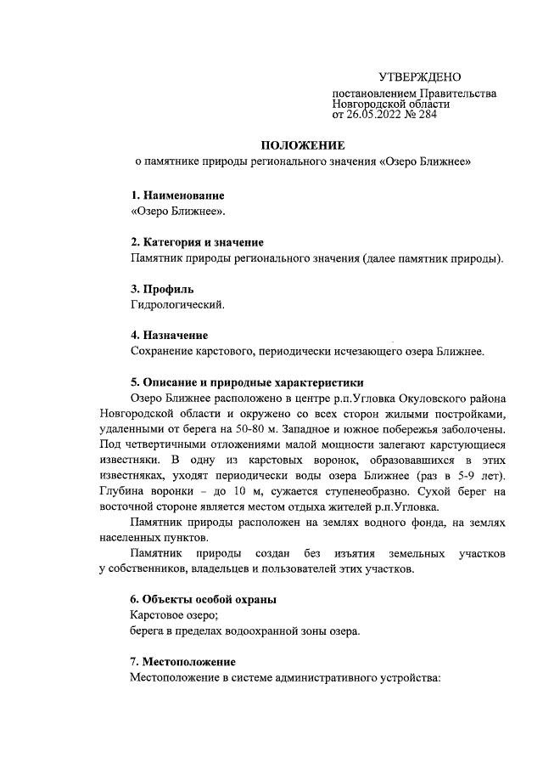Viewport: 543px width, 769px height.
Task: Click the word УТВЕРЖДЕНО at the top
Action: (419, 77)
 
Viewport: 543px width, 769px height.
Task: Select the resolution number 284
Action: (426, 115)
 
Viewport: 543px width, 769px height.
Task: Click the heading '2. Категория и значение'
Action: (197, 242)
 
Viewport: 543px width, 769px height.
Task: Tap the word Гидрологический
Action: (178, 303)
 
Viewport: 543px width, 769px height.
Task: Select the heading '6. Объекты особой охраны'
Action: (204, 599)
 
